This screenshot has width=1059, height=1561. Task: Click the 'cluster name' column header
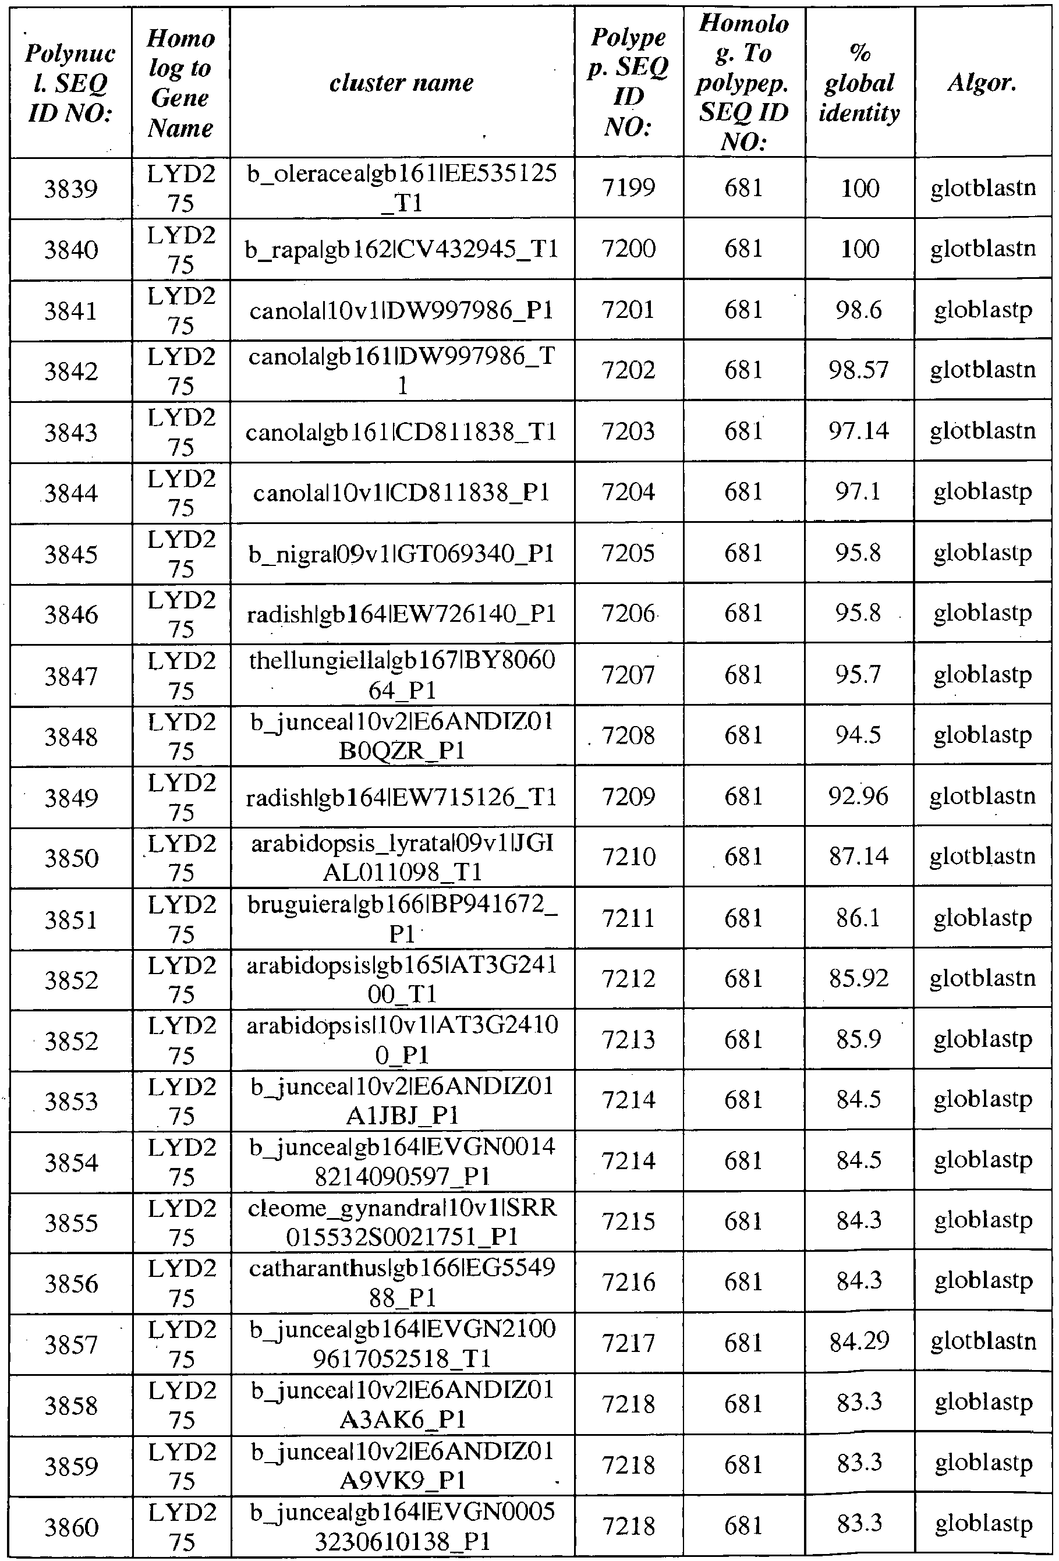click(402, 83)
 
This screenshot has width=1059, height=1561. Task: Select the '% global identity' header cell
click(859, 83)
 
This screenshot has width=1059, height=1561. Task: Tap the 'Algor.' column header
click(983, 83)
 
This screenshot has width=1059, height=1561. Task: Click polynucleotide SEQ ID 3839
click(71, 189)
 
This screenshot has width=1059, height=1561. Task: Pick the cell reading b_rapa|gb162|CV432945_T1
click(402, 249)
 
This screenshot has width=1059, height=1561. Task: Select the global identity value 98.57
click(859, 370)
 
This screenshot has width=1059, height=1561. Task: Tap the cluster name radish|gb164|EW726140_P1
click(402, 614)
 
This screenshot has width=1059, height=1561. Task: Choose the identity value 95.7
click(859, 674)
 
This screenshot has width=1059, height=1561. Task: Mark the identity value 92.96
click(859, 797)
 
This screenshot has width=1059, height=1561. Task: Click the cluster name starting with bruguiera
click(402, 919)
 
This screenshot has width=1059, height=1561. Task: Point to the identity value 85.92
click(859, 979)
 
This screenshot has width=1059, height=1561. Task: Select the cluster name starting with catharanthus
click(402, 1283)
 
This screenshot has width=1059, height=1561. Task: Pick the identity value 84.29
click(859, 1343)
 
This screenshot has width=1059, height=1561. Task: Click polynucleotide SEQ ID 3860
click(71, 1527)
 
